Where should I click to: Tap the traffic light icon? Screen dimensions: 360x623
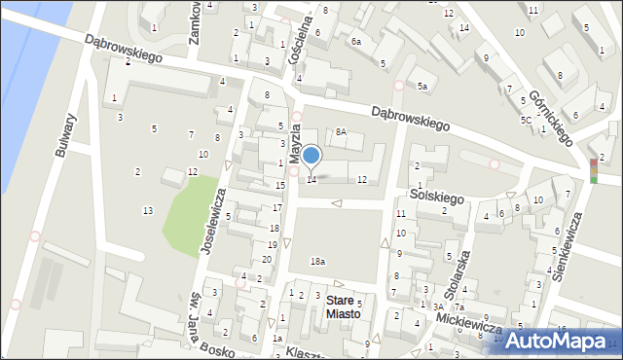[594, 170]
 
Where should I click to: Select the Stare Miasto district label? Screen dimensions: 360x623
[343, 306]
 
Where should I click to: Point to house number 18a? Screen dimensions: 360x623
[317, 261]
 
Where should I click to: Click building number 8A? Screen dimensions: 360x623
[341, 131]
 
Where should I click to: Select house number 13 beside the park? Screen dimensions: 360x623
[147, 211]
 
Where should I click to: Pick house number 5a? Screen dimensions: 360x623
[422, 87]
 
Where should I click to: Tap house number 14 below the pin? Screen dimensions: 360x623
[311, 179]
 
